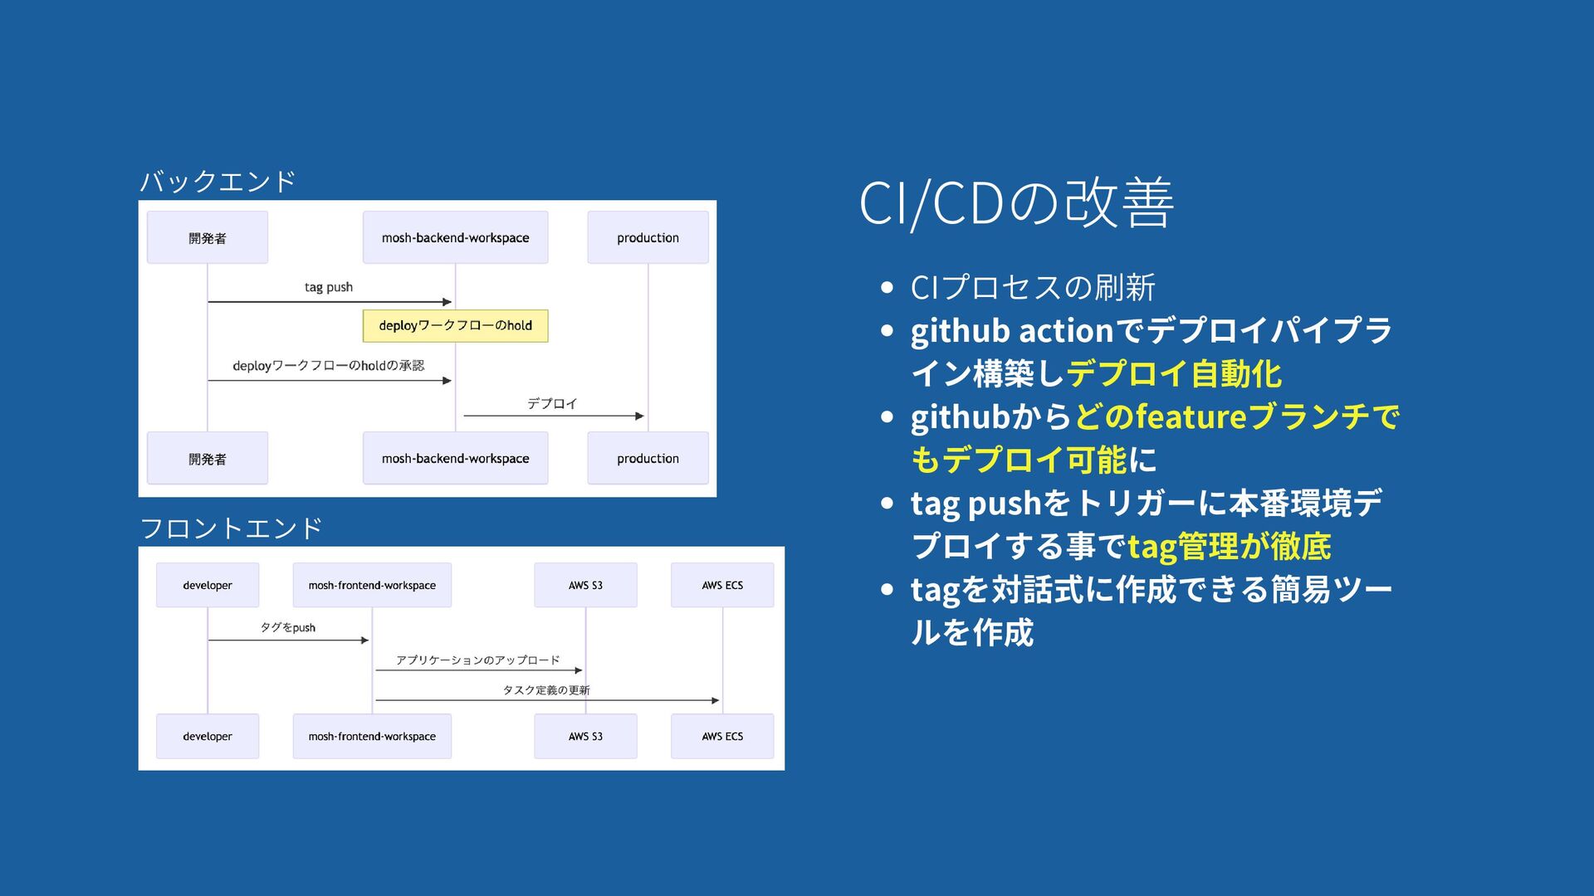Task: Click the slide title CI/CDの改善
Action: point(1015,202)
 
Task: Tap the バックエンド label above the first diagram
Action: point(218,181)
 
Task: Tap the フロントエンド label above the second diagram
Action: point(231,528)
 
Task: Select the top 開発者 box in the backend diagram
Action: point(208,238)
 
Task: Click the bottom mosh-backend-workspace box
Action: point(455,458)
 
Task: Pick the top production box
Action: point(648,238)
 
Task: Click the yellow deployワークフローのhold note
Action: point(455,325)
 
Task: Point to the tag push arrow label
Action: point(329,287)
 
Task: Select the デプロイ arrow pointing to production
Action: point(553,415)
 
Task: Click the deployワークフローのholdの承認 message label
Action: point(329,366)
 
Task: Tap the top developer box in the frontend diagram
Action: point(208,585)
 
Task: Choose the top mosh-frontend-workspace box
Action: point(372,585)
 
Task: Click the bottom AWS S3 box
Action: point(585,736)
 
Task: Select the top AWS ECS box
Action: point(722,585)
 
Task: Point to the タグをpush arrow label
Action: point(288,627)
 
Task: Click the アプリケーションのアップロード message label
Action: point(477,660)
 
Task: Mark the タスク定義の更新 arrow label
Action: point(546,690)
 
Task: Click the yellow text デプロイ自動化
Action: point(1174,374)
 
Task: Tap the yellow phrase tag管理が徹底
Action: point(1229,547)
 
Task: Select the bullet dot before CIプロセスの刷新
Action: point(887,287)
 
